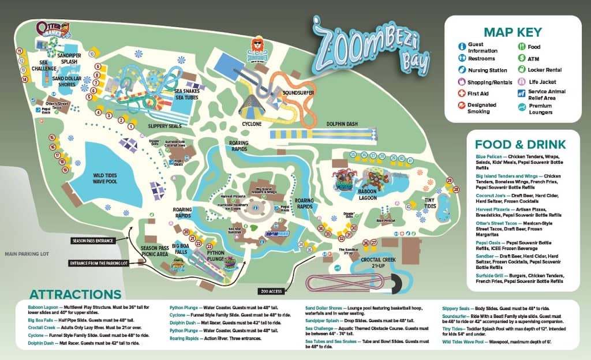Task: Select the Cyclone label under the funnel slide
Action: point(252,124)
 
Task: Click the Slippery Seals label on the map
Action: point(149,126)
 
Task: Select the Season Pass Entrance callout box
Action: point(93,241)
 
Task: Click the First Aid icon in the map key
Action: point(462,93)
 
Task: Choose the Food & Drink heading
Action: point(520,145)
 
